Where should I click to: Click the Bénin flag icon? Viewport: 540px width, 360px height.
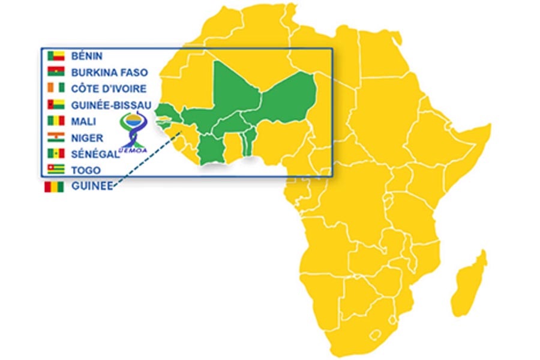[56, 56]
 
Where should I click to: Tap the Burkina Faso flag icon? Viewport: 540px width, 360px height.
[56, 73]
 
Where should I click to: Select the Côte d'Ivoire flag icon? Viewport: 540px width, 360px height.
[56, 89]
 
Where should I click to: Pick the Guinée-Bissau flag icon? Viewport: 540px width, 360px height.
[56, 105]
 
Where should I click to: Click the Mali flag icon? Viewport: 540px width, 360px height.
[56, 121]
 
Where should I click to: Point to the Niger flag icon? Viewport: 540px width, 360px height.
[56, 137]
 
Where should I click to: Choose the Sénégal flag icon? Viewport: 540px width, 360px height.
[56, 154]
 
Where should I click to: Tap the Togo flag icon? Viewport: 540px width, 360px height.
[56, 170]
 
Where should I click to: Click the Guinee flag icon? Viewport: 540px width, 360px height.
[54, 187]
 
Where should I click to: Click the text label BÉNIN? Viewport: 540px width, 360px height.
[87, 56]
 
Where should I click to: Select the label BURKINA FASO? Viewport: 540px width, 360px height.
[109, 73]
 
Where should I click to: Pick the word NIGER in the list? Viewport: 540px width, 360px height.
[88, 137]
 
